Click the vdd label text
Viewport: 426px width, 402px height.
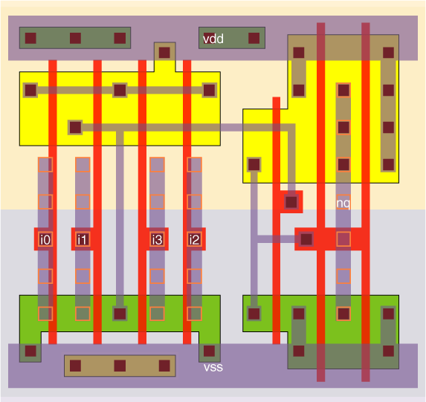[213, 39]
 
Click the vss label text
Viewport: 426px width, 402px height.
[213, 368]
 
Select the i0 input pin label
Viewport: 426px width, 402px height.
[45, 239]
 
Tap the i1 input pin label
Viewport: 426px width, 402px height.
[82, 239]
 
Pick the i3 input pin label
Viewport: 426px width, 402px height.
[157, 239]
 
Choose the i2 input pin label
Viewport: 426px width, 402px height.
[194, 239]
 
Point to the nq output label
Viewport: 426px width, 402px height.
[343, 203]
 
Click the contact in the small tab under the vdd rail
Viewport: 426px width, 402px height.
[164, 53]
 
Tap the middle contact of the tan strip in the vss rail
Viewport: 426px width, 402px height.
[120, 366]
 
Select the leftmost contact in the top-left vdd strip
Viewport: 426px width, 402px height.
[30, 39]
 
